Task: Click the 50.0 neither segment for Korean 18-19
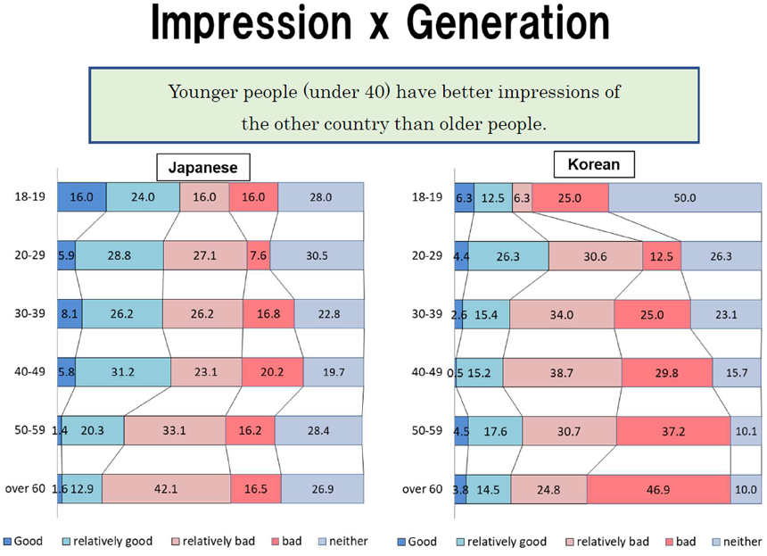click(x=685, y=198)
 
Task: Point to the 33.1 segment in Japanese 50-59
click(x=175, y=430)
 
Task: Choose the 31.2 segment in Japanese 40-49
click(x=123, y=372)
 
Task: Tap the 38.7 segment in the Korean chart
click(x=562, y=372)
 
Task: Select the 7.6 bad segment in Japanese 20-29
click(x=259, y=255)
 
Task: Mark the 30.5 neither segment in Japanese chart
click(x=317, y=255)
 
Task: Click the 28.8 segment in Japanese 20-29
click(x=120, y=255)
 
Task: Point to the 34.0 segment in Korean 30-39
click(x=562, y=313)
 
